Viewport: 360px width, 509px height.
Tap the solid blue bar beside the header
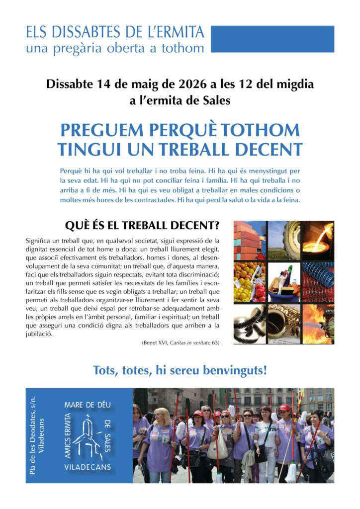[x=272, y=39]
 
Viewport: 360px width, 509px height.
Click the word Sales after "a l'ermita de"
[x=216, y=101]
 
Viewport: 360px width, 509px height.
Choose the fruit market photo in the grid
[x=250, y=282]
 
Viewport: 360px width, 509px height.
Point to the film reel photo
[x=250, y=323]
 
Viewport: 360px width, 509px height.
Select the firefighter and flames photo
[x=318, y=323]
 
